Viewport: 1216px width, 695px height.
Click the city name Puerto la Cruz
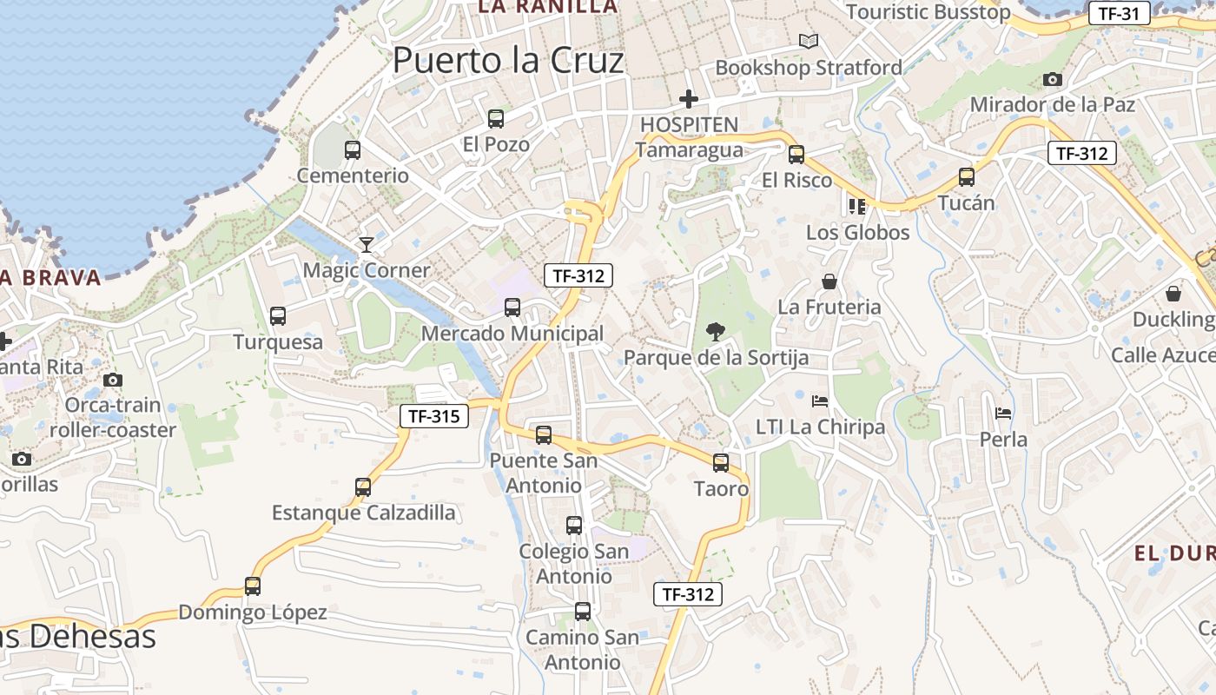coord(508,61)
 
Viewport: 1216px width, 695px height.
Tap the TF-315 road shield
coord(433,416)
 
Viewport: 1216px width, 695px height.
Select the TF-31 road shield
coord(1119,13)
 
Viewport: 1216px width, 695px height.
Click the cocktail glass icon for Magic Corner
coord(367,244)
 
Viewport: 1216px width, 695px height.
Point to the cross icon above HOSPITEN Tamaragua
coord(689,99)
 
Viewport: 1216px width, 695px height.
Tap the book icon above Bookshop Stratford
coord(809,41)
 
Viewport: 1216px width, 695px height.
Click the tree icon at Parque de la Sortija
coord(716,331)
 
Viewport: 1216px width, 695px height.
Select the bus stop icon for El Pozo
coord(496,119)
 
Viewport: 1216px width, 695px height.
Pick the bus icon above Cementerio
coord(353,149)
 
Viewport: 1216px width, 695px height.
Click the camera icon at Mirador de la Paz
coord(1052,79)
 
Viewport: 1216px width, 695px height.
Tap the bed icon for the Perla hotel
coord(1003,414)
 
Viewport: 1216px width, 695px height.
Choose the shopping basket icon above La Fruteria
coord(829,281)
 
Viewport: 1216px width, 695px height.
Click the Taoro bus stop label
coord(721,489)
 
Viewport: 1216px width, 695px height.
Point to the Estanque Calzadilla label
coord(363,513)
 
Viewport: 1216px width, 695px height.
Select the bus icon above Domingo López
coord(253,586)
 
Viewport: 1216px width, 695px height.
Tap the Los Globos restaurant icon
coord(857,206)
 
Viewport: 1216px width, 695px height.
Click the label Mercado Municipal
coord(512,334)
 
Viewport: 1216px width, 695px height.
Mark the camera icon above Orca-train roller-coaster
coord(112,380)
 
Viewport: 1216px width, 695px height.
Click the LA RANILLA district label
coord(547,7)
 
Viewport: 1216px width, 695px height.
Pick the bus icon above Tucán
coord(967,177)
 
